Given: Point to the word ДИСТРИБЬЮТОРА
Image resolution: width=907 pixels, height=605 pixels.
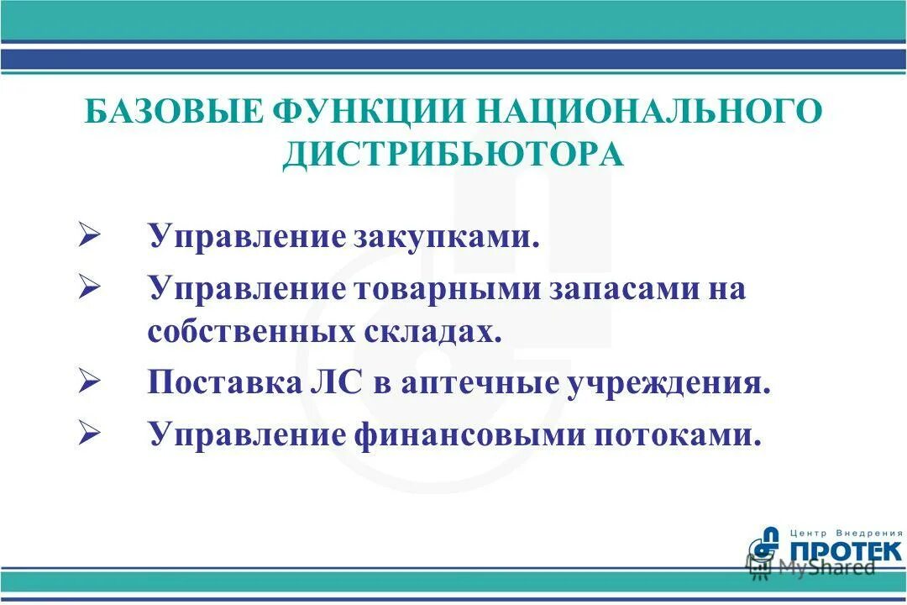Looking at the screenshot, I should click(453, 155).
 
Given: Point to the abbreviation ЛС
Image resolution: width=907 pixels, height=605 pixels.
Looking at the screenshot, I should click(338, 384).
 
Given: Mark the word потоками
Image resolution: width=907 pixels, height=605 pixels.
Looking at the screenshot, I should click(682, 436).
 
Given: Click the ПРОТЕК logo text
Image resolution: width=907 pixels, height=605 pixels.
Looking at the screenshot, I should click(846, 551).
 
